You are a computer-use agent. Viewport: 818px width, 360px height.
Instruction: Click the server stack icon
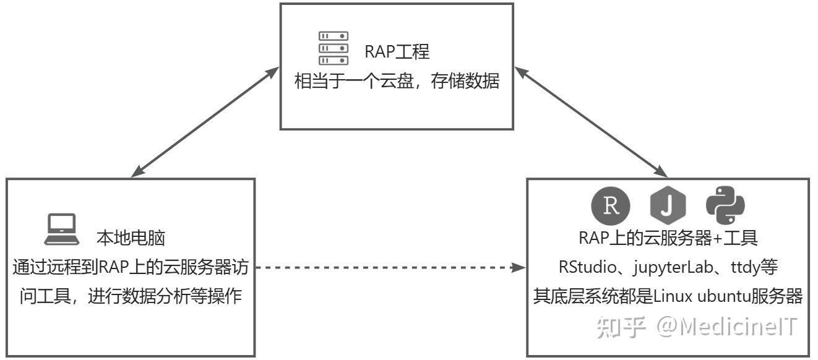pyautogui.click(x=333, y=48)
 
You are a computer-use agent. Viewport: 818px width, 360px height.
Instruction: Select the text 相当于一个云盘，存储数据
pyautogui.click(x=396, y=82)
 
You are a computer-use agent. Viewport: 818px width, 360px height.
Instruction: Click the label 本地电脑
pyautogui.click(x=131, y=238)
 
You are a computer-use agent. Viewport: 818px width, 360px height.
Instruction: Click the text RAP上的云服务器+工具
pyautogui.click(x=668, y=238)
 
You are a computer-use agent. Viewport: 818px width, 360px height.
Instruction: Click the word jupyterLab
pyautogui.click(x=674, y=268)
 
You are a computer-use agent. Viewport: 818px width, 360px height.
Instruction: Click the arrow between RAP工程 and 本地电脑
pyautogui.click(x=206, y=121)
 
